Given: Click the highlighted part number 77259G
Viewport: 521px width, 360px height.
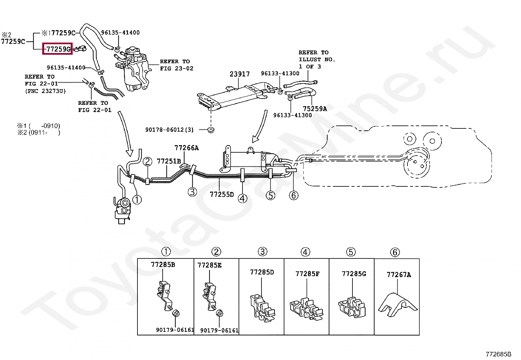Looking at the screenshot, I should tap(58, 49).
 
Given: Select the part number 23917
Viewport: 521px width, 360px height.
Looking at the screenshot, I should tap(240, 74).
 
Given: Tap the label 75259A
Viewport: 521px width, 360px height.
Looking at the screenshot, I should tap(314, 109).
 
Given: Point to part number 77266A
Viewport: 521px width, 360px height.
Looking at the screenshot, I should tap(187, 148).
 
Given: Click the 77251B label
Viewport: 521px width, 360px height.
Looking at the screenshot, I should tap(169, 161).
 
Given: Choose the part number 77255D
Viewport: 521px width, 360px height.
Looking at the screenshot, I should tap(222, 195).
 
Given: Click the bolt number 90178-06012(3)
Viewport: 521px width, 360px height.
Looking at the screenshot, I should tap(170, 130).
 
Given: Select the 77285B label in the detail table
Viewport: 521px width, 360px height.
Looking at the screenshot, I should tap(163, 265).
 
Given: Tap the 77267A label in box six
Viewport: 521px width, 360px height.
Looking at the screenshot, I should tap(399, 275).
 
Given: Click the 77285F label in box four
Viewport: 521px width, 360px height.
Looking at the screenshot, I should tap(307, 274).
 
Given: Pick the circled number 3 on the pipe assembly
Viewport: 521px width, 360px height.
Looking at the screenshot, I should tap(192, 192).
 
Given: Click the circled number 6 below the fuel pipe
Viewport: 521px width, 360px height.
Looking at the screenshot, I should tap(294, 196).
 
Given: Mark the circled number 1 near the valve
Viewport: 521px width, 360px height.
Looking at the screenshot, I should tap(137, 199).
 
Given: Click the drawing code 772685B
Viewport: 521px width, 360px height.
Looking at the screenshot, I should tap(498, 354).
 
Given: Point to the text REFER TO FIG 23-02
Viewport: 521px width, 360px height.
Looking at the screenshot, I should tap(176, 65).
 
